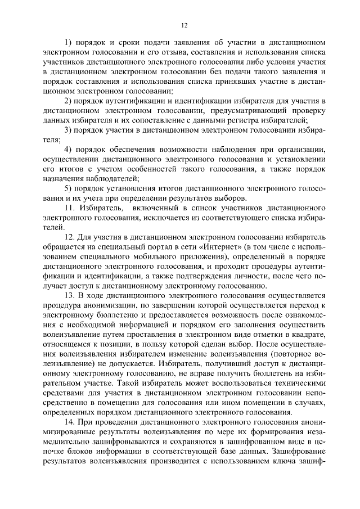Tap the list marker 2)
tap(69, 101)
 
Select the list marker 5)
tap(69, 188)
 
